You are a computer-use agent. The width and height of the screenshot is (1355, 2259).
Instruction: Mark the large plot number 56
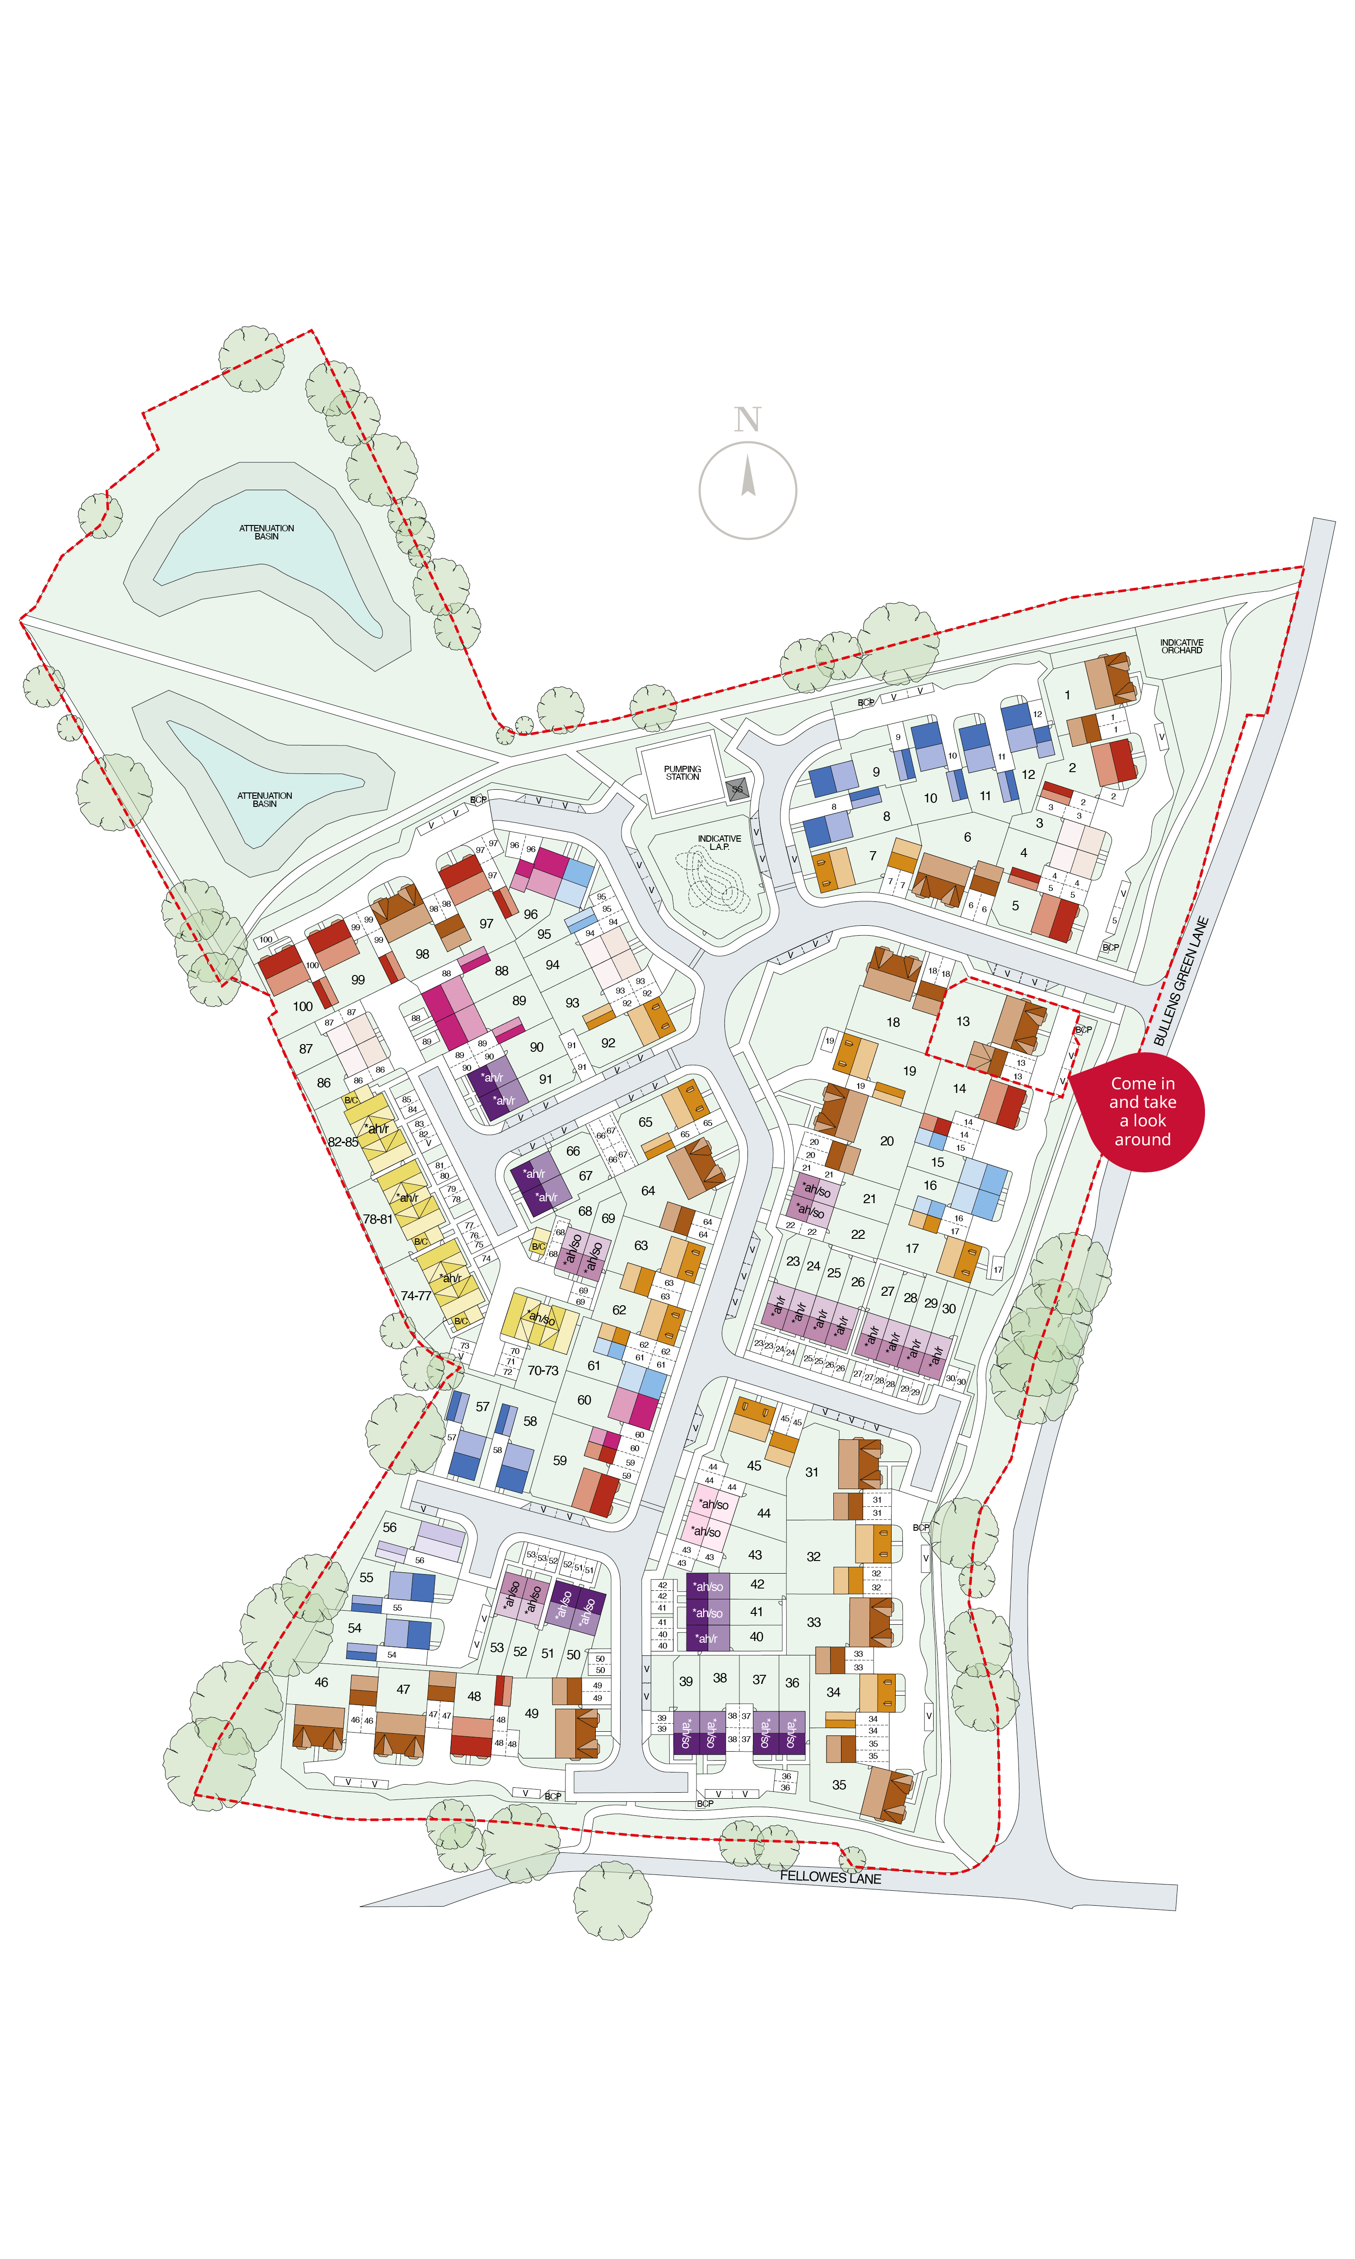click(x=390, y=1528)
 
